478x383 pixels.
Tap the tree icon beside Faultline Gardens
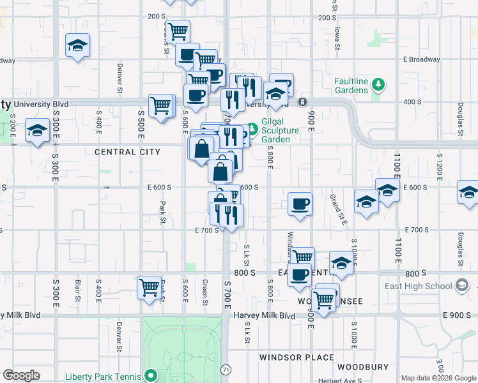point(378,84)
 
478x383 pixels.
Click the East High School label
point(418,285)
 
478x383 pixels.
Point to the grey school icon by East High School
point(463,286)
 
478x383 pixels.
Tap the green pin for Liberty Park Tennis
point(151,375)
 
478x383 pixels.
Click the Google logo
point(21,375)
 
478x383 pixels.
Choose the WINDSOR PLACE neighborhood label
point(295,357)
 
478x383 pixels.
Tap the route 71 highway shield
point(226,370)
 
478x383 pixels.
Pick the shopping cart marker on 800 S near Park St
point(149,287)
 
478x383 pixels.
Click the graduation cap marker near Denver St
point(77,45)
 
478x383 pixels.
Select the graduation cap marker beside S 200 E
point(37,131)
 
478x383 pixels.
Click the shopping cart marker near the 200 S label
point(178,30)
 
